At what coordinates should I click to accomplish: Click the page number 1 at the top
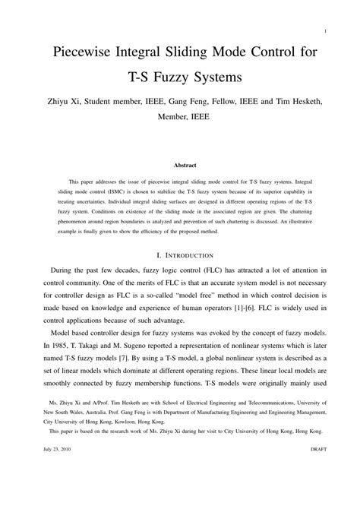324,31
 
